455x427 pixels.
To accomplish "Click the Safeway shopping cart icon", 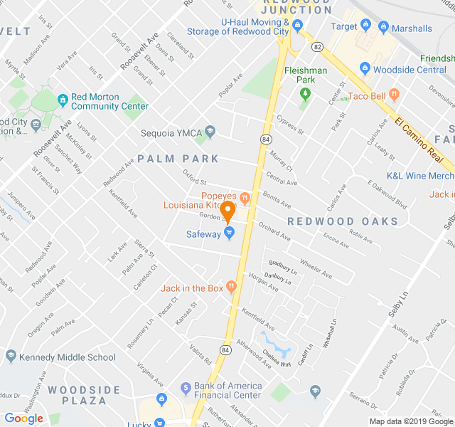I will [x=230, y=233].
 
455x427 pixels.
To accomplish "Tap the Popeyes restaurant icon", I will [x=245, y=196].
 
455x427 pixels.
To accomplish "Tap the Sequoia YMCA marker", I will [x=210, y=131].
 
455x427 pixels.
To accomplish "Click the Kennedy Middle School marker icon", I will [x=10, y=357].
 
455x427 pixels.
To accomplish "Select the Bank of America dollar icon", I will [x=183, y=387].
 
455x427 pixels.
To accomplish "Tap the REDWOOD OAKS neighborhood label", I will [x=343, y=221].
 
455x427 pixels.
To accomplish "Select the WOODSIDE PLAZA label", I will [x=84, y=395].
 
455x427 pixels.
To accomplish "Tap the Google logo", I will [x=24, y=418].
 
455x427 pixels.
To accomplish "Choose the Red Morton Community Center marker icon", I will [x=63, y=97].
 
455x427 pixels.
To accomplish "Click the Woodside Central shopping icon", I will [x=365, y=68].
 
